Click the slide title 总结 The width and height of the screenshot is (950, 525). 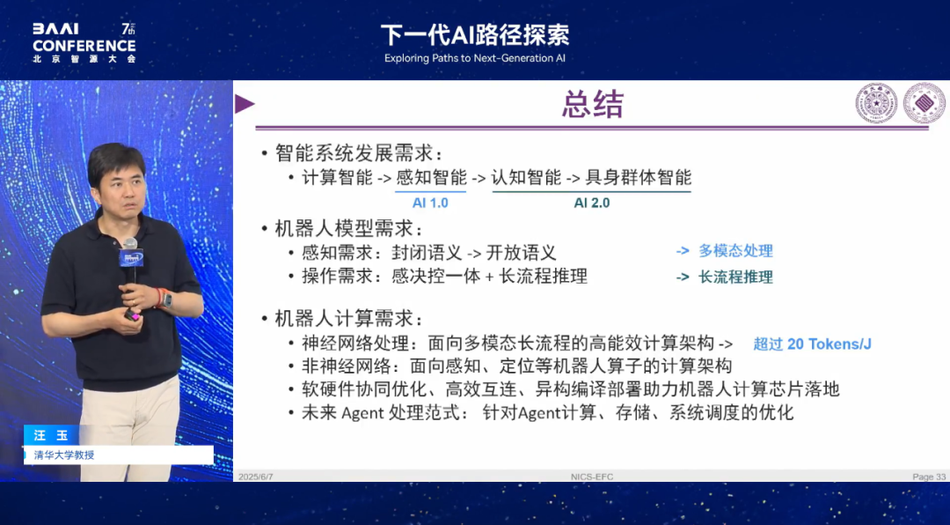click(592, 105)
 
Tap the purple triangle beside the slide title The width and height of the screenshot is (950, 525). click(245, 104)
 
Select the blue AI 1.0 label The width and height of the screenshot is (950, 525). click(430, 203)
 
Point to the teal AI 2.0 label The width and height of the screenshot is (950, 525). click(592, 203)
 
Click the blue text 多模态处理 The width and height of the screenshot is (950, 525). click(735, 251)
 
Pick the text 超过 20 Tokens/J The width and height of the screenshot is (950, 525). click(812, 344)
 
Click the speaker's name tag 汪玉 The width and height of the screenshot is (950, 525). click(51, 436)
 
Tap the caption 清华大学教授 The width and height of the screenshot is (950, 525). click(64, 455)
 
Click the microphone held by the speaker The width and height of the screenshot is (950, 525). click(130, 261)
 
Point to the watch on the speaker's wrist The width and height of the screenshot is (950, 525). click(166, 299)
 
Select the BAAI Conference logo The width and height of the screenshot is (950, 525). click(84, 43)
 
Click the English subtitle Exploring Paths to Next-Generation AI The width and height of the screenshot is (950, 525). click(474, 58)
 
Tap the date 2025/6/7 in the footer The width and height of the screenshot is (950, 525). click(256, 477)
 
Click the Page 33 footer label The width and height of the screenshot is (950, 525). click(929, 477)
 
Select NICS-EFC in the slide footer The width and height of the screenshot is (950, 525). click(592, 477)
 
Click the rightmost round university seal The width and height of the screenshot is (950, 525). click(924, 102)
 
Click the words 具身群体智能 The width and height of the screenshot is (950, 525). click(638, 177)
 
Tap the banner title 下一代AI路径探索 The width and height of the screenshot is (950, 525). click(475, 35)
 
